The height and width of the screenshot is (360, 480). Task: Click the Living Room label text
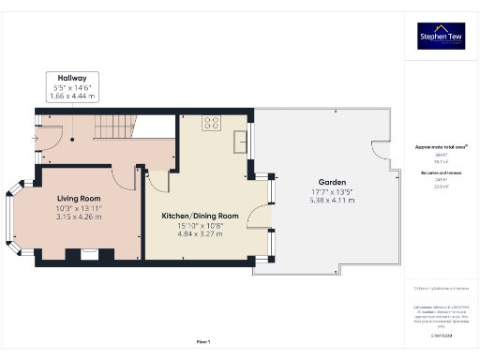pyautogui.click(x=79, y=198)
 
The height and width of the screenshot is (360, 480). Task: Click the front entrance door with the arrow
pyautogui.click(x=41, y=139)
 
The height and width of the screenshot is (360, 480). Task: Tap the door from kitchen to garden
pyautogui.click(x=262, y=217)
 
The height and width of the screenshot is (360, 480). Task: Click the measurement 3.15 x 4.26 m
pyautogui.click(x=79, y=217)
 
